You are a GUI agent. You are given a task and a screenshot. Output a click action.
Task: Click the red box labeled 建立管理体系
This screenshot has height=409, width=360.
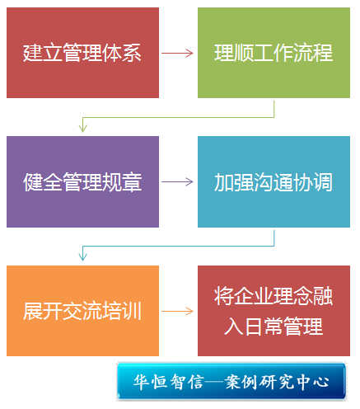(82, 53)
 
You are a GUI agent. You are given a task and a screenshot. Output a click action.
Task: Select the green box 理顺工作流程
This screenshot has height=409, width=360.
(274, 53)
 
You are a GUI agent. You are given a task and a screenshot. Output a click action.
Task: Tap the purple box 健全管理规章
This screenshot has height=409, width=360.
(82, 181)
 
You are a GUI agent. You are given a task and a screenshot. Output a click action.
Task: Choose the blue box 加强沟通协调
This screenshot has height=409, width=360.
(274, 181)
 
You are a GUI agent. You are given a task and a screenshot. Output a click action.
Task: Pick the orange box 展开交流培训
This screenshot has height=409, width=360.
(82, 311)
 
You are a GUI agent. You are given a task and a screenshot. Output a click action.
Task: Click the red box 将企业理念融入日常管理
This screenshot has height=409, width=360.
(274, 311)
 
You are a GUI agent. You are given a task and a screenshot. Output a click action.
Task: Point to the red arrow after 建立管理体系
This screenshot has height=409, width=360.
(177, 53)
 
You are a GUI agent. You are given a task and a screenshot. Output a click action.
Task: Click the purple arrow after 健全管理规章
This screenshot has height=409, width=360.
(177, 181)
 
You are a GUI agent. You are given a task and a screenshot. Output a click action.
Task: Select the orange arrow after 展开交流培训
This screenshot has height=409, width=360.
(177, 311)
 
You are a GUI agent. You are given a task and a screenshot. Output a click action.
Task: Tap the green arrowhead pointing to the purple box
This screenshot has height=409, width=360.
(82, 128)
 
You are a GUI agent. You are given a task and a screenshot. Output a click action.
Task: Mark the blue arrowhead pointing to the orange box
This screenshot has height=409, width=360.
(82, 256)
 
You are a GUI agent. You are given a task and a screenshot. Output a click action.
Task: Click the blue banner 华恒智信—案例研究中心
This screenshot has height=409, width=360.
(231, 381)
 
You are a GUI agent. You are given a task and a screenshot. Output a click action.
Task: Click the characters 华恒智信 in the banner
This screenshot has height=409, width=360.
(169, 382)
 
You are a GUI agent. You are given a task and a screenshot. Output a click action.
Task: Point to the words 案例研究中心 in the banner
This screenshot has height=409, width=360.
(277, 382)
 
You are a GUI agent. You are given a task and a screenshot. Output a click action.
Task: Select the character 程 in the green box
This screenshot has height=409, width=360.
(323, 53)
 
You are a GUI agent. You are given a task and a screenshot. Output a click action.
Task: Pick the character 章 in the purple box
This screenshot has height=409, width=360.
(132, 182)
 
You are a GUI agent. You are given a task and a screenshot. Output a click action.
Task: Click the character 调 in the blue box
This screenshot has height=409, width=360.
(323, 182)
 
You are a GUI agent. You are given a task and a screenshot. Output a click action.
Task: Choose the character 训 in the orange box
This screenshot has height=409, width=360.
(132, 311)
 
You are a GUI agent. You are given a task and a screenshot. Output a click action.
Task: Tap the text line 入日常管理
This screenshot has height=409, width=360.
(274, 327)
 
